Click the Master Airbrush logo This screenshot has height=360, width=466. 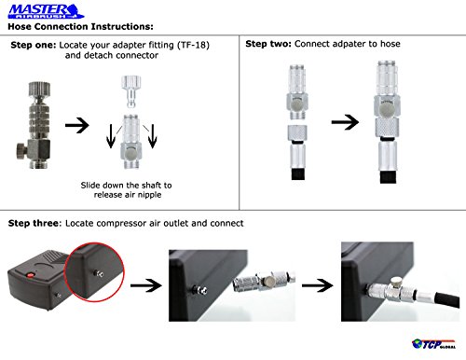[x=46, y=11]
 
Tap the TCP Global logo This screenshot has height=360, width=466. [x=433, y=344]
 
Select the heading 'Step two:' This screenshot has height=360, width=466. [x=268, y=44]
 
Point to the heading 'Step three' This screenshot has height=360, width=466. [x=34, y=223]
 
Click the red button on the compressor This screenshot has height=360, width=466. [x=31, y=275]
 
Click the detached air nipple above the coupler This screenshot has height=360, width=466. [x=130, y=91]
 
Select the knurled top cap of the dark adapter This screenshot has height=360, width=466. [x=39, y=90]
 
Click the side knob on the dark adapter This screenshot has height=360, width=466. [x=22, y=152]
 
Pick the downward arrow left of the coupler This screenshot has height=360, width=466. [x=111, y=136]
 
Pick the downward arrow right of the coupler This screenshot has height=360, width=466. [x=152, y=136]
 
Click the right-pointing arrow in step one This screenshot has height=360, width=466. [x=77, y=125]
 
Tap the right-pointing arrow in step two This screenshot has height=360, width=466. [x=345, y=122]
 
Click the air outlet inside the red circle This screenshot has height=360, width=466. [x=100, y=274]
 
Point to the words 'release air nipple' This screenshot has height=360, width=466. [x=128, y=195]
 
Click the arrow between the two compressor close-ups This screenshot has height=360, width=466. [x=317, y=285]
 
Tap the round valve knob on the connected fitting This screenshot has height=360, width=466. [x=395, y=283]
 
